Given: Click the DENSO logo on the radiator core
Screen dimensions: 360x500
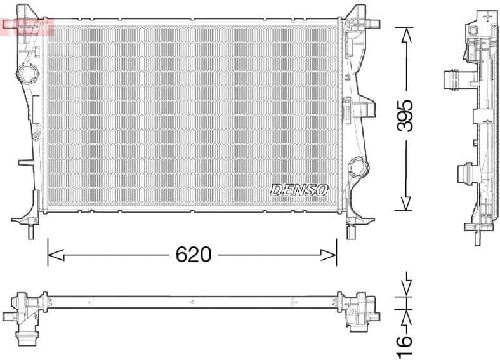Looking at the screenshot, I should coord(299,190).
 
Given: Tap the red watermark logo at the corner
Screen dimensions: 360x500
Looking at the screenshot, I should coord(27,25).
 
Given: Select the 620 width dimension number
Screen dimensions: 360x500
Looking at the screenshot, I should coord(193,255).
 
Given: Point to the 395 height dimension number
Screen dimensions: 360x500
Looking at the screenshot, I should coord(405,115).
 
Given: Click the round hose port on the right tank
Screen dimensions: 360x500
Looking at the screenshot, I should coord(359,167).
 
